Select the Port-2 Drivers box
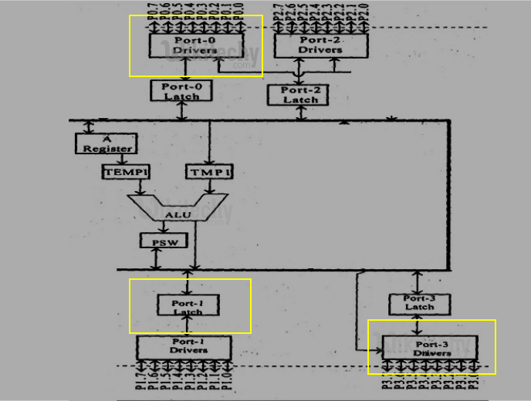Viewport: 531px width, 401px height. (x=320, y=45)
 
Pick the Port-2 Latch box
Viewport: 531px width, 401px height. (x=299, y=95)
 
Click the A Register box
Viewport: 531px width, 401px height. (x=105, y=143)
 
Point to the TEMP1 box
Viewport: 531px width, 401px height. (x=125, y=171)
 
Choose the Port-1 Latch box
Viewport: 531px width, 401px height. (x=188, y=307)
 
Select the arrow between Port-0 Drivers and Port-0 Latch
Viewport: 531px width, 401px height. (x=186, y=69)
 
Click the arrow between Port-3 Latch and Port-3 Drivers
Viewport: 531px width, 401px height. (x=418, y=324)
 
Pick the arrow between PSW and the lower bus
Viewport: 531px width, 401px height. (x=156, y=259)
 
